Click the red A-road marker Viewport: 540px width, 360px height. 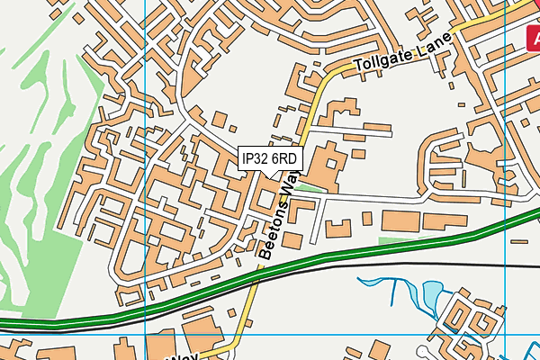(x=533, y=36)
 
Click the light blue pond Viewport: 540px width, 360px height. (x=432, y=292)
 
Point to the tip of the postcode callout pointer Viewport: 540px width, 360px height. (x=273, y=175)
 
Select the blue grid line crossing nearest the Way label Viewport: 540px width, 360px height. (x=145, y=335)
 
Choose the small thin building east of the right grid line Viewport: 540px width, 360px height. (x=520, y=241)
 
